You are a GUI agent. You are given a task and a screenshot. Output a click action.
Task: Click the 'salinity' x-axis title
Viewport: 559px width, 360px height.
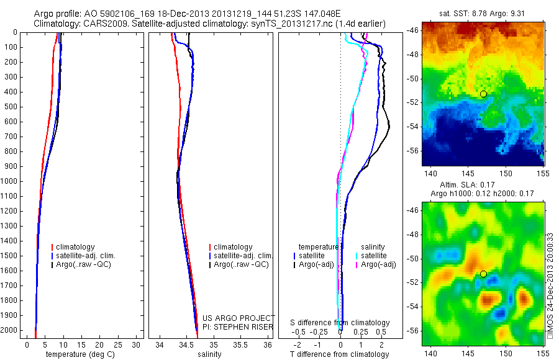coord(209,354)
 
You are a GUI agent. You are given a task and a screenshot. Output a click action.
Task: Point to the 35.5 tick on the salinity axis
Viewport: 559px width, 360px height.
coord(240,344)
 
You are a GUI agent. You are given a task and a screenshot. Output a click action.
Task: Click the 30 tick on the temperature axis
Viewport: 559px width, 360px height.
coord(136,344)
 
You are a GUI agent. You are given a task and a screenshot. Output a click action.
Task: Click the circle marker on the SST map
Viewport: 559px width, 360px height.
coord(483,94)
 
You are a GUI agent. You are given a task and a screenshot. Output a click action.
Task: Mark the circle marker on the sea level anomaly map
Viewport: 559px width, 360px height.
coord(483,274)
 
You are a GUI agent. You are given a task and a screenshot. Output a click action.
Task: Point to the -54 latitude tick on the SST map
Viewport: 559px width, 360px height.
coord(412,127)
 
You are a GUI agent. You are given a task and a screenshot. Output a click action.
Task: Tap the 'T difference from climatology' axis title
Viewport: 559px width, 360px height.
coord(340,354)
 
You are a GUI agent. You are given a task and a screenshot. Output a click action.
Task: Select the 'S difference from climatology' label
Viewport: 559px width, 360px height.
coord(340,323)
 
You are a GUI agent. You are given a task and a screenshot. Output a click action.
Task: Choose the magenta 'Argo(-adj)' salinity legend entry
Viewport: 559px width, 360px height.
coord(378,264)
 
